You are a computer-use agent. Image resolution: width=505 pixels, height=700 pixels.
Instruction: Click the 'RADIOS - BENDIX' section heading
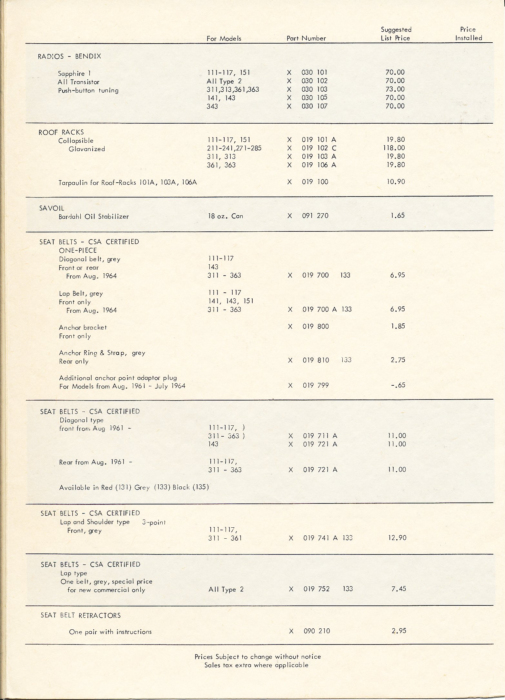click(x=69, y=56)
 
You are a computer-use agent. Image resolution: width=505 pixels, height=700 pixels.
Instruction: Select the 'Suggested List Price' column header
click(x=396, y=34)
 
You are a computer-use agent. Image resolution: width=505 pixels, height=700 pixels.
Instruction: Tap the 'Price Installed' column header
click(x=468, y=34)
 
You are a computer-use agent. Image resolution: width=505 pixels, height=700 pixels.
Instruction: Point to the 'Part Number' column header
click(x=306, y=38)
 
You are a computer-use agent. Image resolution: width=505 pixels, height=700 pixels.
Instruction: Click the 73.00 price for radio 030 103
click(x=395, y=89)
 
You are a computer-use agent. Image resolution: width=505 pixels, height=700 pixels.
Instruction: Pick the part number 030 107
click(x=314, y=106)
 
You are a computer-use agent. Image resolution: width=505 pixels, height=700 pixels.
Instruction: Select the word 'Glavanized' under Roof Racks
click(x=87, y=149)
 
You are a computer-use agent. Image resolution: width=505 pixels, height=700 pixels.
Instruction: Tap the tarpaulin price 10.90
click(x=396, y=182)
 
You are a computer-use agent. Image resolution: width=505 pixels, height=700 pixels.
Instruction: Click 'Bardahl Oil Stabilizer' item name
click(x=94, y=217)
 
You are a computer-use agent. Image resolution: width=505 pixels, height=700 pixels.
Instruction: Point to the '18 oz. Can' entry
click(x=226, y=216)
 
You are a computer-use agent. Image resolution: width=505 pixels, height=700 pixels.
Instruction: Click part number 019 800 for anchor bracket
click(x=316, y=327)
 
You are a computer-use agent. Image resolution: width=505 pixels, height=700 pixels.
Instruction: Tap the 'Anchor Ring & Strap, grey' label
click(x=102, y=353)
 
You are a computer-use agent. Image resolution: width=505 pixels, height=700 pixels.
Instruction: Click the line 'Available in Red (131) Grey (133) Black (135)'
click(x=134, y=487)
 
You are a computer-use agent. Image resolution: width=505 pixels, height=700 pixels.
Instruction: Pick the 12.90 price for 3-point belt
click(x=397, y=538)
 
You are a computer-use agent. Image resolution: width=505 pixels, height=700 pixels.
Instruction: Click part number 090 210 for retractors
click(x=317, y=631)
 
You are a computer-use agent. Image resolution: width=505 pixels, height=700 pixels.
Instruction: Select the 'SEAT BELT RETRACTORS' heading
click(x=81, y=615)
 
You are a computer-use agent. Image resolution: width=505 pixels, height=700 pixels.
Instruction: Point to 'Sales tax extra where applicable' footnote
click(x=256, y=665)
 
